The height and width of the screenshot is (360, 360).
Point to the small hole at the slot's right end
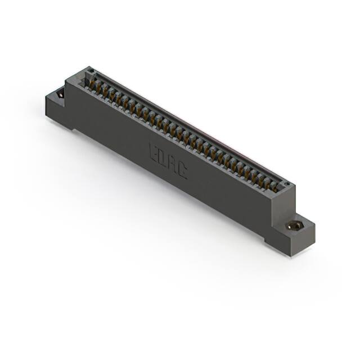(x=285, y=184)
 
